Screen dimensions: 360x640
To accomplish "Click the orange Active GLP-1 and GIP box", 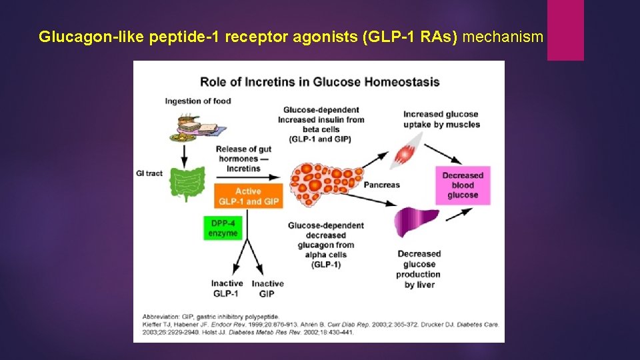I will pos(248,196).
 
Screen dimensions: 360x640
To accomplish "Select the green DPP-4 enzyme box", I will pos(221,227).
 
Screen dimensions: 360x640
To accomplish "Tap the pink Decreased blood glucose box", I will pos(462,185).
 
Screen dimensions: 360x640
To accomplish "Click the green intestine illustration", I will pos(188,183).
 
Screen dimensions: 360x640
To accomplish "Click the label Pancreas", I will pos(381,185).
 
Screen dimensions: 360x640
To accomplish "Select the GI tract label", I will pos(149,173).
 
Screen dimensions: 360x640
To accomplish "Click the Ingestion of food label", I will pos(198,101).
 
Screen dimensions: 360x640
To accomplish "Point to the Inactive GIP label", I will pos(267,289).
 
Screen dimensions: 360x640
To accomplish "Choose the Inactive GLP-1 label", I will pos(227,289).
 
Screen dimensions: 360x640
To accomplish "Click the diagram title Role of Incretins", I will pos(320,82).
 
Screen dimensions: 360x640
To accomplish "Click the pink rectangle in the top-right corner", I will pos(565,30).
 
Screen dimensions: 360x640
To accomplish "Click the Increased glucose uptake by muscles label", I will pos(441,119).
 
